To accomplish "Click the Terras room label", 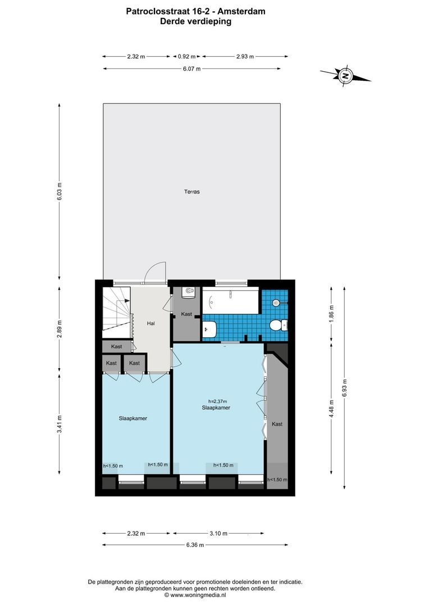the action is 192,192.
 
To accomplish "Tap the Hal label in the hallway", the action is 151,324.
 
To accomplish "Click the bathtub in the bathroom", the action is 231,301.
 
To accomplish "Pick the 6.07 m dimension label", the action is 192,69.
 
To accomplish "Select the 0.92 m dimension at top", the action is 186,57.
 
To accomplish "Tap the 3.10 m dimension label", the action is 218,534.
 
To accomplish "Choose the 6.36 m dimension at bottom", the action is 195,545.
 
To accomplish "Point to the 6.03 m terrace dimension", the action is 59,191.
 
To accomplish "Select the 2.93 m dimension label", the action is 245,57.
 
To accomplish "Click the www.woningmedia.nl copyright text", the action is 195,595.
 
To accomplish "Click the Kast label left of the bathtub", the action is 186,314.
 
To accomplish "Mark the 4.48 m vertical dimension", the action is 331,408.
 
